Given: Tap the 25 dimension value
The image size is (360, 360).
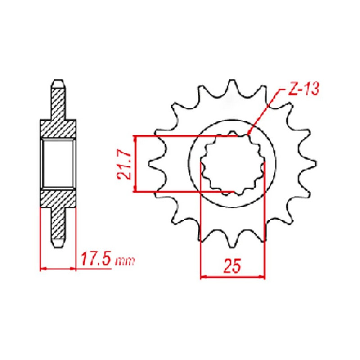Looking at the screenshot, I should click(x=233, y=267).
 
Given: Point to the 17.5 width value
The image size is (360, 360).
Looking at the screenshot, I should click(x=96, y=260).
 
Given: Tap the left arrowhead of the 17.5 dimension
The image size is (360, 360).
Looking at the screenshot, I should click(x=43, y=269).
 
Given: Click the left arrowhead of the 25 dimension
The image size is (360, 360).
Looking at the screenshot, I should click(x=203, y=276).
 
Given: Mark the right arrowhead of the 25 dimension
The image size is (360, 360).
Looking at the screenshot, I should click(x=262, y=276).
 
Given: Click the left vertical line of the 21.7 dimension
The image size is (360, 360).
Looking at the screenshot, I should click(x=135, y=164).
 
